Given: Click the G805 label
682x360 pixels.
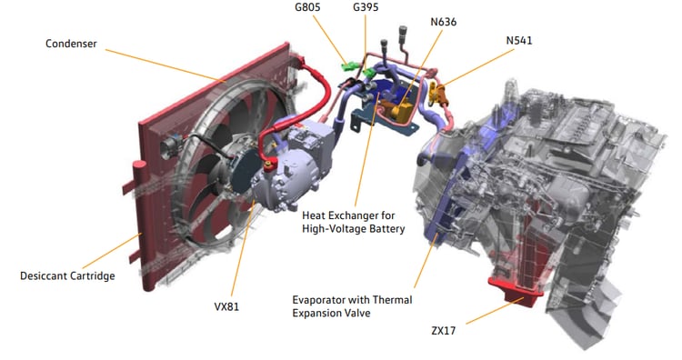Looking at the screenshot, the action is tap(307, 7).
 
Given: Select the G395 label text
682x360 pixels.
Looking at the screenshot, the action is tap(366, 7).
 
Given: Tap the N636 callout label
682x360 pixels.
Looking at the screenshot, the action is tap(444, 22).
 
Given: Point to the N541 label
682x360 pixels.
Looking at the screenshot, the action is tap(519, 40).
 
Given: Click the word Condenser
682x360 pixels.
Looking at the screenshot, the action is tap(71, 44).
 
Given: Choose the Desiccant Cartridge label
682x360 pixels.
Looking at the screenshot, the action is tap(67, 275).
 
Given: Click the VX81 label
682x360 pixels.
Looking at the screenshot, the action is tap(226, 306).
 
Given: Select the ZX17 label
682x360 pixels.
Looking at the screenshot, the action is tap(444, 330).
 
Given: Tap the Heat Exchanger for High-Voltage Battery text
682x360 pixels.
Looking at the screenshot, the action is tap(353, 222).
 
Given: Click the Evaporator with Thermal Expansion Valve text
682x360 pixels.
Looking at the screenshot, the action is tap(352, 306).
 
